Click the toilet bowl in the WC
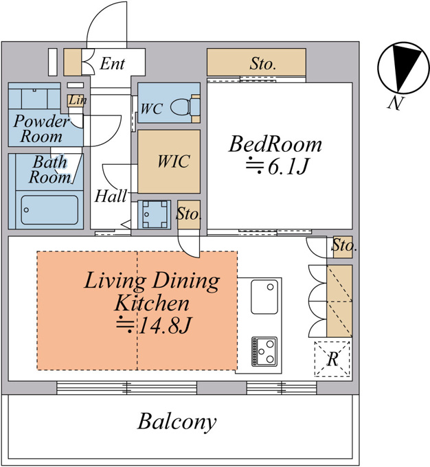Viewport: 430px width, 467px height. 180,106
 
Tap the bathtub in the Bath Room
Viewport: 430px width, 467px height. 49,210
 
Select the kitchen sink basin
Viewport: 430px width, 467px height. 264,297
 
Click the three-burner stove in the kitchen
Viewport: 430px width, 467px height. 264,352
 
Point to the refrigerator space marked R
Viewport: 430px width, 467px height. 332,359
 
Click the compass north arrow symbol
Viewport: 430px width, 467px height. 404,67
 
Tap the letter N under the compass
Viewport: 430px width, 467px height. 396,103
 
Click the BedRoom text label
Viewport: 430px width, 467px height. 275,144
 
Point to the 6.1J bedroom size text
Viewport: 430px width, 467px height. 277,166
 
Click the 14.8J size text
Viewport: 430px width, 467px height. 153,325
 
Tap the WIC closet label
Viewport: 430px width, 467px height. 173,161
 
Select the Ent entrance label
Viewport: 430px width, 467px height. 113,63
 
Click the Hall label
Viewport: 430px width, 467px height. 111,196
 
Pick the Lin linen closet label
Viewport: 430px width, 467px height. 77,100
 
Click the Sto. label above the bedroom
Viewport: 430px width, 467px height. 262,64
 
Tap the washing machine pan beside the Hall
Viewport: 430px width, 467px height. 155,214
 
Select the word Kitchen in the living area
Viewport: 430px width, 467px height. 152,303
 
